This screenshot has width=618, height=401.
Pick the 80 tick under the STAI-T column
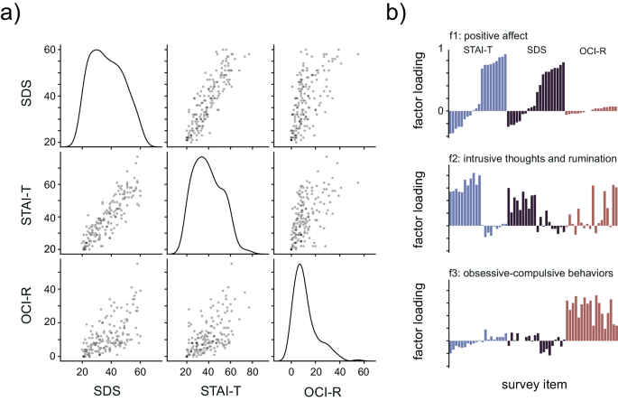(255, 368)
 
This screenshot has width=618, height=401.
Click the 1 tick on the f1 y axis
(439, 48)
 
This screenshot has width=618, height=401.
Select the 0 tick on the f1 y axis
(439, 111)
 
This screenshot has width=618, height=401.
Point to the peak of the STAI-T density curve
(201, 158)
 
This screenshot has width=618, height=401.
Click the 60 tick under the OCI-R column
(361, 368)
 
